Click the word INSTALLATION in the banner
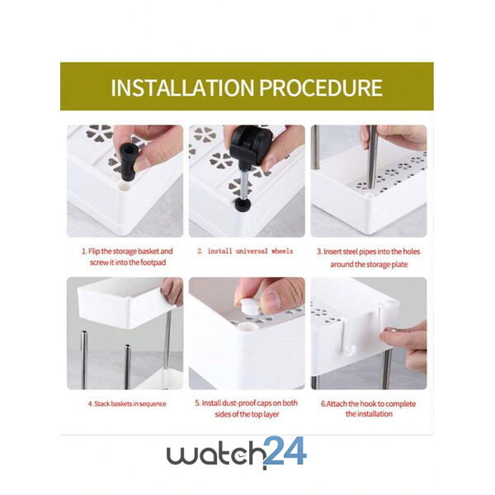[x=182, y=87]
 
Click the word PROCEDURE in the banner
[x=321, y=87]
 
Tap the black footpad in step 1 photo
[x=127, y=162]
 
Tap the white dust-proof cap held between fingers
[x=249, y=306]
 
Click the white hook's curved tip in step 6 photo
[x=350, y=350]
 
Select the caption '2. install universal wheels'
[x=245, y=252]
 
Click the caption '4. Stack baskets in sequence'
[x=127, y=403]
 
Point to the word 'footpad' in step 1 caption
[x=153, y=262]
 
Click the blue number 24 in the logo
[x=285, y=450]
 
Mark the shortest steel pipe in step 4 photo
[x=128, y=366]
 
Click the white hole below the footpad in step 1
[x=125, y=187]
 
